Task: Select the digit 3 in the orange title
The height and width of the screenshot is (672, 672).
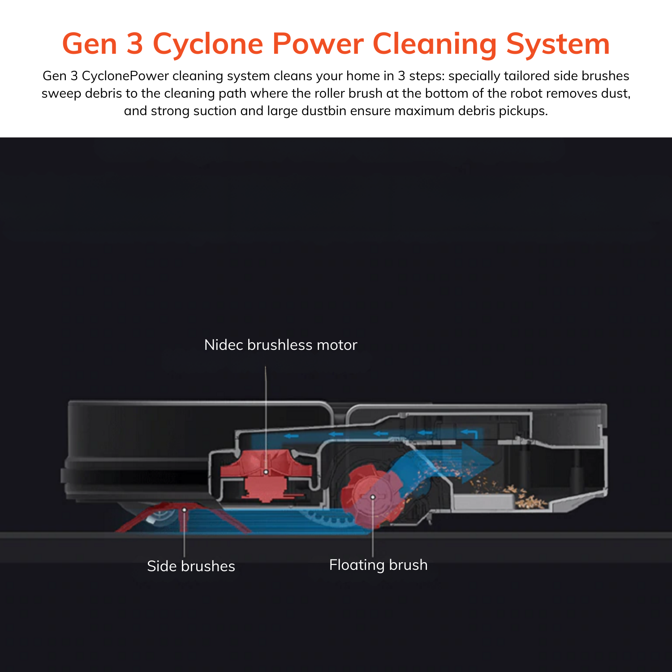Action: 134,44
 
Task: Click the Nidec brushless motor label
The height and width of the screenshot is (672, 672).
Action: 280,345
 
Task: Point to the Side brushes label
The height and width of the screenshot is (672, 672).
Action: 191,566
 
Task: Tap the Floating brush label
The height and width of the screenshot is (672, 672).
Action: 378,565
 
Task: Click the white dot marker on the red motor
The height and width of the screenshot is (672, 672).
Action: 266,472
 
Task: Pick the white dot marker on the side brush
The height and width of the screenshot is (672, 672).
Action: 184,510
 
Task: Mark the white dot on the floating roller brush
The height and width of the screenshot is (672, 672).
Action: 372,497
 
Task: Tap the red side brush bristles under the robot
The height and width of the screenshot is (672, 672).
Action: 148,520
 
